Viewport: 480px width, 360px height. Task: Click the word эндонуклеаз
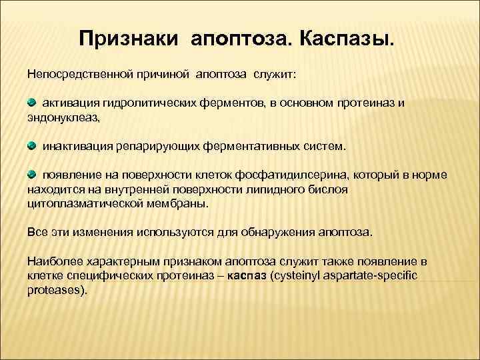point(63,117)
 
